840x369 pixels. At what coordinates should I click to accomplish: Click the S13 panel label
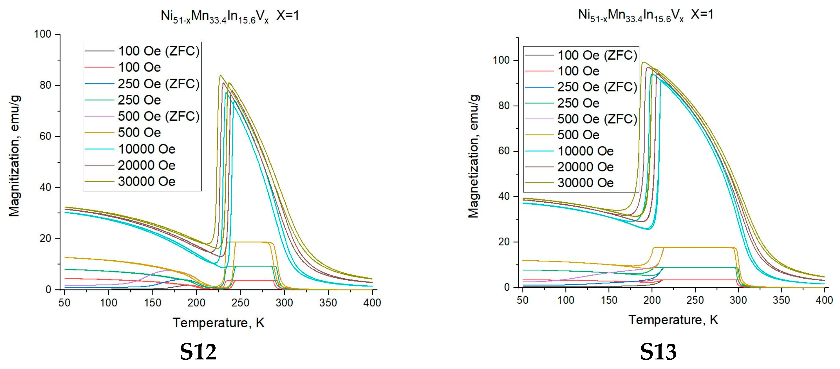[x=658, y=352]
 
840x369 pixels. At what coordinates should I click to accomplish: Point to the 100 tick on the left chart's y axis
[x=43, y=34]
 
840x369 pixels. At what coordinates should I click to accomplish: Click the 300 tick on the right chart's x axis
[x=738, y=300]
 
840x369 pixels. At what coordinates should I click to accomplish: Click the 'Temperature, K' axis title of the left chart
[x=218, y=322]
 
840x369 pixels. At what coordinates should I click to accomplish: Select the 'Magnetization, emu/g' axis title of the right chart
[x=474, y=156]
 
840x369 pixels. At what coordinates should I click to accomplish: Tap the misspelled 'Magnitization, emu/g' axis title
[x=14, y=156]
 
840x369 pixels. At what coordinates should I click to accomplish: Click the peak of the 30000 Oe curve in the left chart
[x=221, y=75]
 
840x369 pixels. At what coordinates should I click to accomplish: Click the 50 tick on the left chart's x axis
[x=64, y=303]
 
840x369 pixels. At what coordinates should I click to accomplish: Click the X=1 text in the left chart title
[x=288, y=15]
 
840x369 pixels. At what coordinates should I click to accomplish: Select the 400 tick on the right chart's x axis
[x=824, y=300]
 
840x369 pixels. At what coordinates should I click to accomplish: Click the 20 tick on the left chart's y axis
[x=45, y=238]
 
